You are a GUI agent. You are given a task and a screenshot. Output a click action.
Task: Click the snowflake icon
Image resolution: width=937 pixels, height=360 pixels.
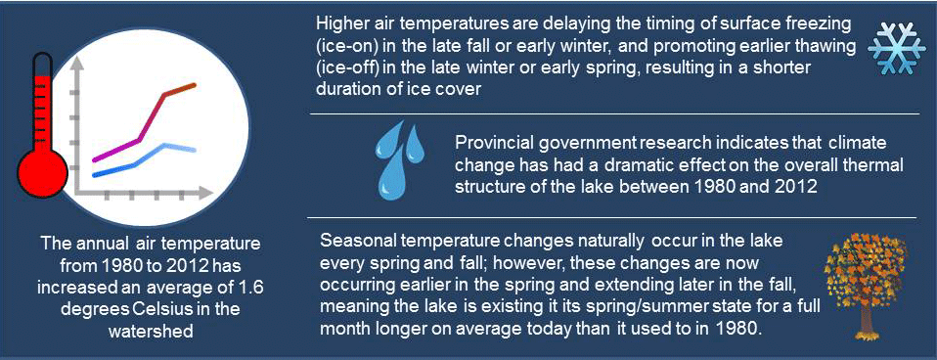[893, 50]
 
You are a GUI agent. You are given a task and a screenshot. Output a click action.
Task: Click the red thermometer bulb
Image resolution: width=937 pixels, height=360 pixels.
[42, 173]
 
